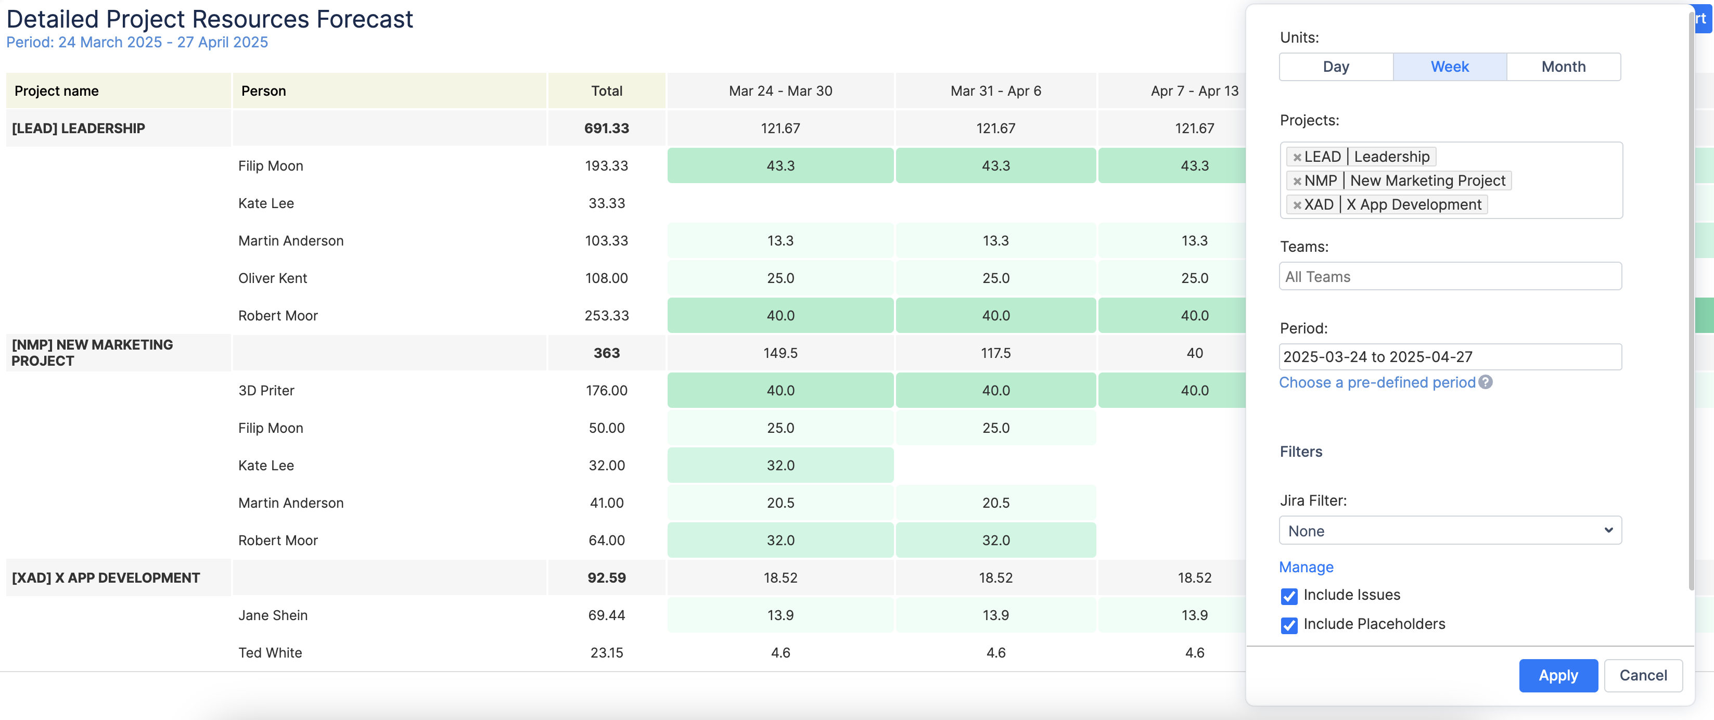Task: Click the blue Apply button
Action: tap(1557, 675)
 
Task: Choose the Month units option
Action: tap(1563, 67)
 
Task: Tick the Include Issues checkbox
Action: tap(1289, 596)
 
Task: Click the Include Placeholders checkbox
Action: tap(1289, 625)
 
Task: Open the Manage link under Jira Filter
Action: tap(1306, 567)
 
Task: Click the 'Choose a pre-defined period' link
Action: tap(1377, 382)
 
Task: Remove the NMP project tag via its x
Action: tap(1297, 181)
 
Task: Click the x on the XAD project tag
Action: tap(1297, 205)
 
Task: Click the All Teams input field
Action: tap(1450, 277)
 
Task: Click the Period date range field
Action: tap(1450, 357)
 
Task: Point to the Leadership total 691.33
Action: tap(606, 128)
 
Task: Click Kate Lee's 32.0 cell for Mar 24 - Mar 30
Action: tap(780, 465)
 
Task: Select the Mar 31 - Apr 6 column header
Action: tap(995, 91)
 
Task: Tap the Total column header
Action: tap(606, 91)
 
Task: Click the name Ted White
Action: tap(270, 653)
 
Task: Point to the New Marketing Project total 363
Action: tap(606, 353)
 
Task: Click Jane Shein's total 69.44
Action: tap(606, 615)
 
